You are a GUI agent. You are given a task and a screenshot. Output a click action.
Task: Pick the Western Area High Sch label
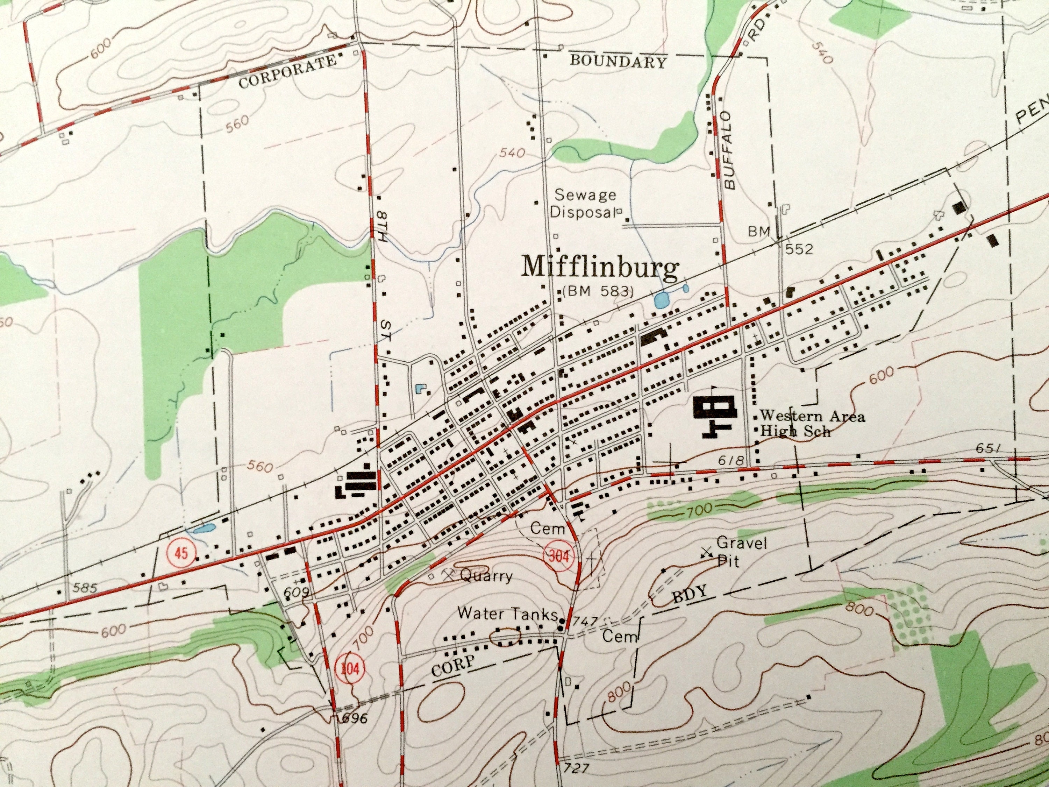(812, 424)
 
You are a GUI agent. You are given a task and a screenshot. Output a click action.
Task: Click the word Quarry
(486, 576)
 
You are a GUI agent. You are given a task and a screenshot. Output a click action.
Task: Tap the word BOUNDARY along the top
(618, 61)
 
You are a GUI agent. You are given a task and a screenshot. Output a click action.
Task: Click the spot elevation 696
(354, 718)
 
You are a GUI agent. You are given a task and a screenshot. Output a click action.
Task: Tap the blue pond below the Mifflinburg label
(662, 300)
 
